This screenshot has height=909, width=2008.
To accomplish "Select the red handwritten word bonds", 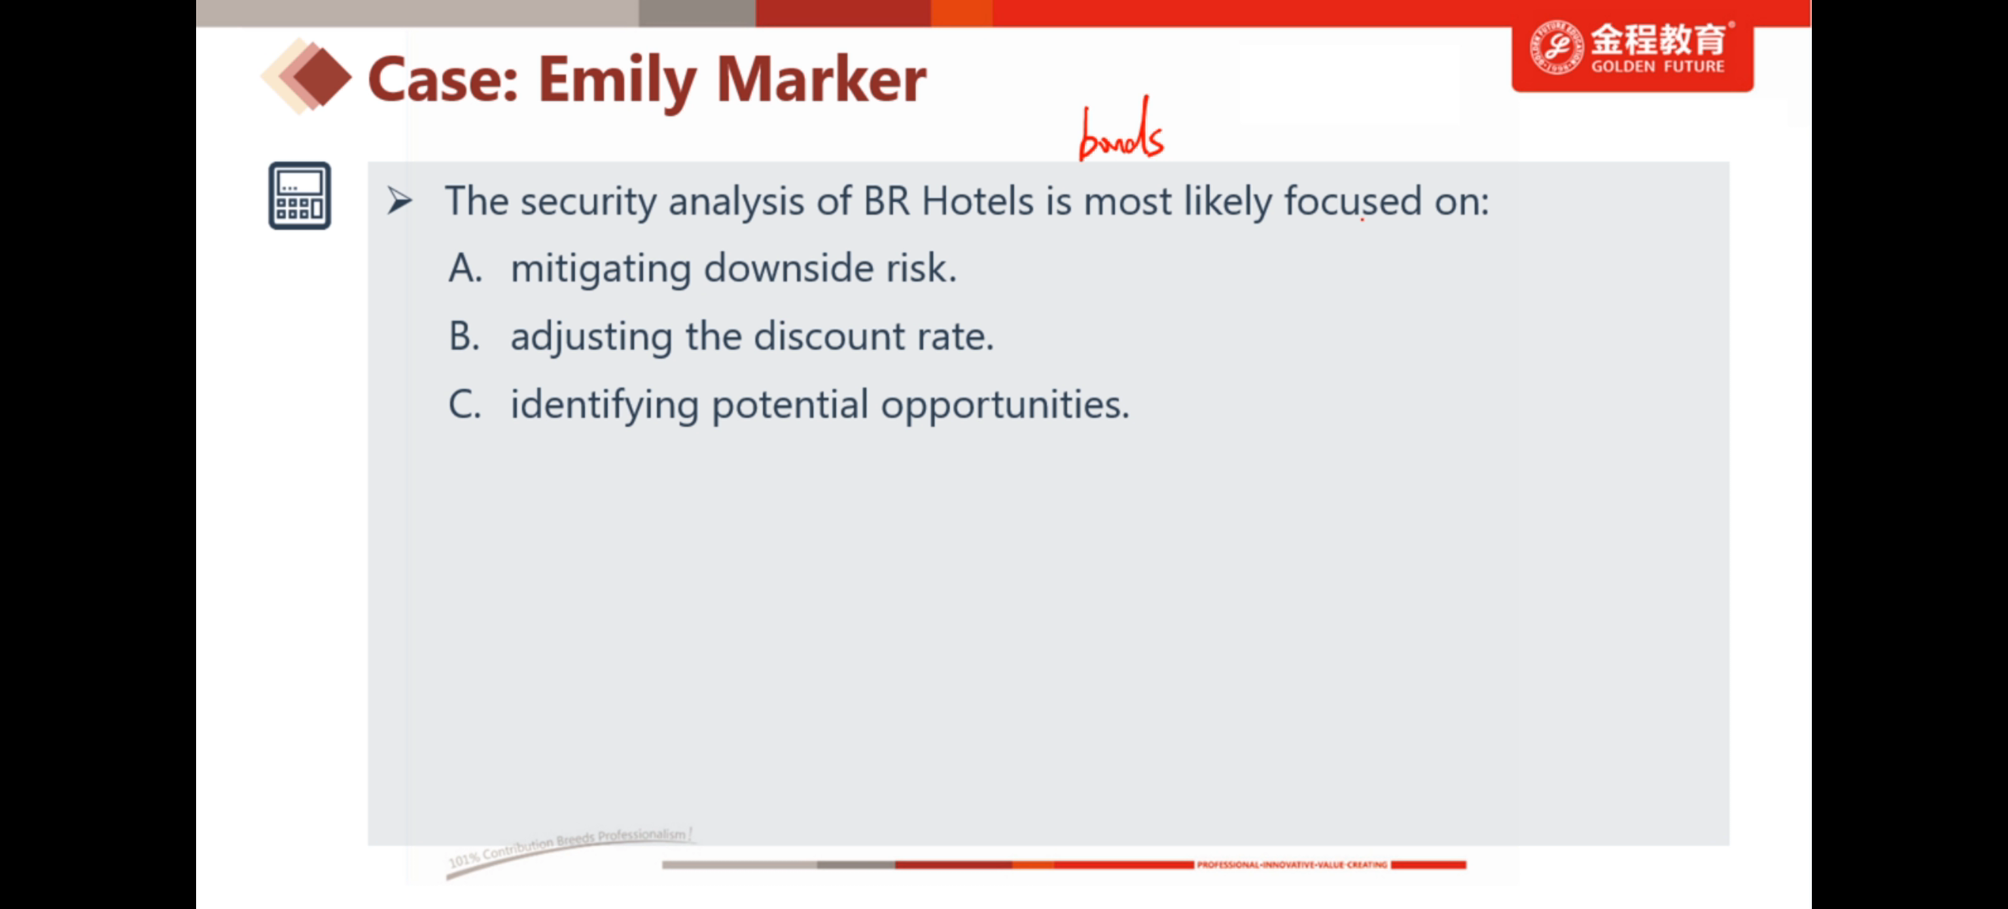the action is [x=1121, y=130].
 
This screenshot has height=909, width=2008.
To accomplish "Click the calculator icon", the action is [x=299, y=195].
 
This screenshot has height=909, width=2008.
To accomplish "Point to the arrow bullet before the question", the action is [x=399, y=201].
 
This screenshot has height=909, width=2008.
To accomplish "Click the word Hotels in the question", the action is [x=977, y=201].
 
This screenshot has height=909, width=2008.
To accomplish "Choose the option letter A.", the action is [x=466, y=268].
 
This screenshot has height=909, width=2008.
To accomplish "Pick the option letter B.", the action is [x=464, y=336].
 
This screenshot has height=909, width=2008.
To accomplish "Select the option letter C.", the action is [x=465, y=404].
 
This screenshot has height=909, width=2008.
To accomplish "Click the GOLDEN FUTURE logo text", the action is [x=1657, y=66].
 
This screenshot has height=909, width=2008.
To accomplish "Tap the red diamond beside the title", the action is [x=322, y=77].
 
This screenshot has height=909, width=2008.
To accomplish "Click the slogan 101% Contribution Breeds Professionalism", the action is [x=570, y=848].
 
